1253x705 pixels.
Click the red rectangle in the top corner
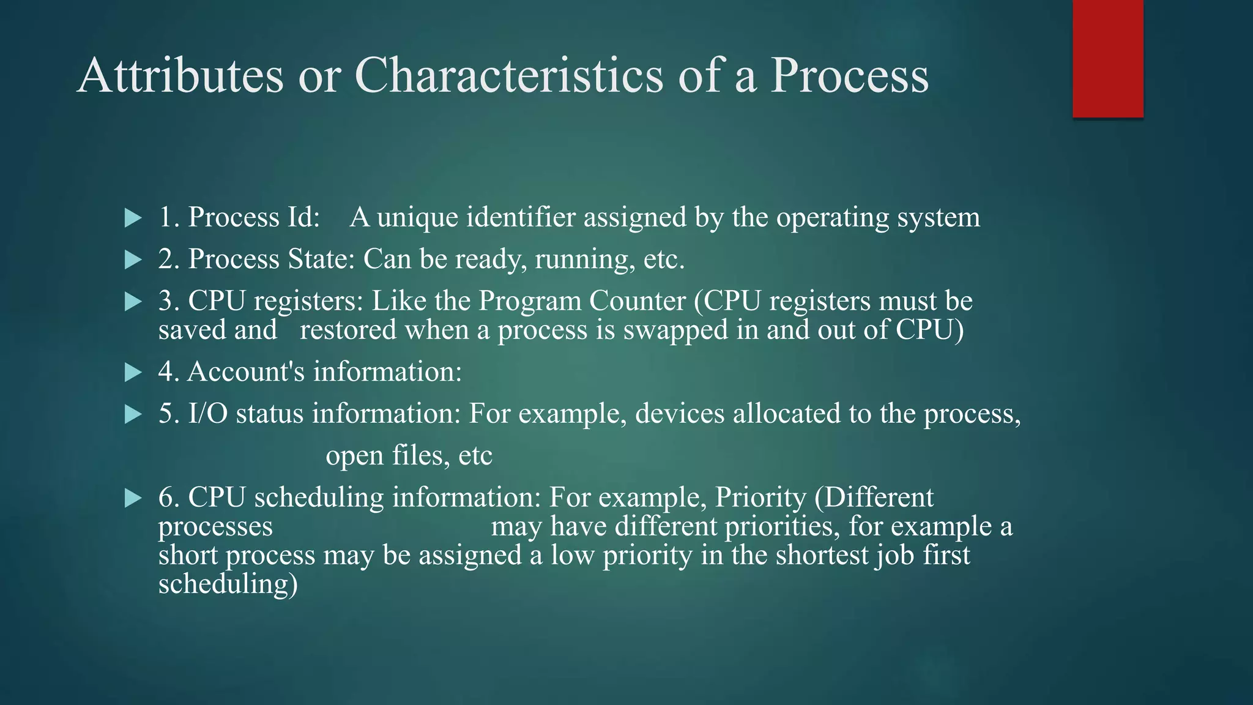[x=1107, y=59]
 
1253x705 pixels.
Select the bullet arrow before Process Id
[x=133, y=218]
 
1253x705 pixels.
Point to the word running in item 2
[x=581, y=259]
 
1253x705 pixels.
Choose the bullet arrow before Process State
[x=133, y=260]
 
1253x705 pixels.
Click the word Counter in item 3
[x=637, y=301]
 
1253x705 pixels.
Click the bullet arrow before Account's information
[x=133, y=373]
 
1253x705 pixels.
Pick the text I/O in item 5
[x=208, y=414]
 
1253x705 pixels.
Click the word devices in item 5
[x=680, y=414]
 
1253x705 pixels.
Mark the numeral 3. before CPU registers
[x=169, y=301]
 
